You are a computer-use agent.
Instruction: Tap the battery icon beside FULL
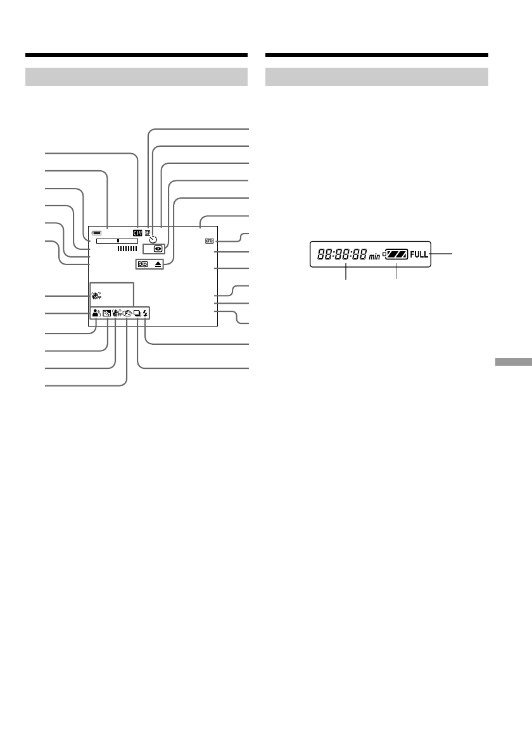(396, 254)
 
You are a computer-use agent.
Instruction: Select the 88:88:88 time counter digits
(342, 255)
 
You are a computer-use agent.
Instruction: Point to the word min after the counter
(375, 256)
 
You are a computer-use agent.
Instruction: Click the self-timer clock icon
(153, 239)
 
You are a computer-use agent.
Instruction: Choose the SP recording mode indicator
(148, 232)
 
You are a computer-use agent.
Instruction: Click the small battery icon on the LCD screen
(95, 232)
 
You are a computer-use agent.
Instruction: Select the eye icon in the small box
(157, 249)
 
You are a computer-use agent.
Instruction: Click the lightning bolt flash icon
(146, 311)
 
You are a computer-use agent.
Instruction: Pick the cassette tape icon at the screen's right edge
(210, 241)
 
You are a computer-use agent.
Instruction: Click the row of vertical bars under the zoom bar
(127, 249)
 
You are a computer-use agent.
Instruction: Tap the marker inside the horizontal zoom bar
(118, 241)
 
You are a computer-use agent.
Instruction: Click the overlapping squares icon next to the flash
(137, 311)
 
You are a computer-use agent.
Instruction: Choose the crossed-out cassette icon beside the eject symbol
(142, 264)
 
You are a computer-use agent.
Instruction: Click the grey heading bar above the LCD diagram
(136, 77)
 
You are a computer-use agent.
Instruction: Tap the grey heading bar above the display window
(377, 77)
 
